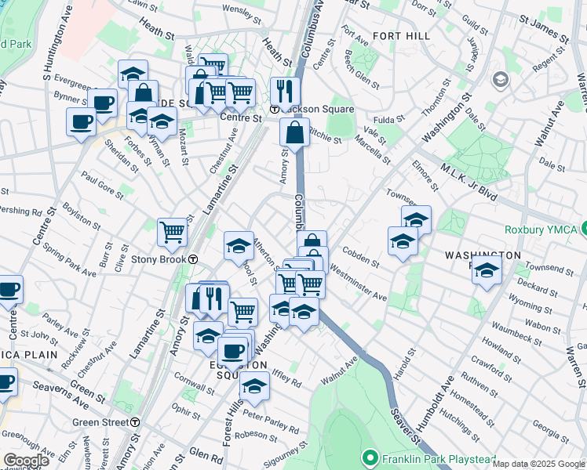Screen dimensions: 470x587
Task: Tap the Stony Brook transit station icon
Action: (192, 259)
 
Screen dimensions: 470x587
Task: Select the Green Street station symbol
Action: (136, 421)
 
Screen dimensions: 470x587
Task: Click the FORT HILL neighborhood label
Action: (401, 36)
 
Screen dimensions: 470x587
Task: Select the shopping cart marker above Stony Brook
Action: (172, 231)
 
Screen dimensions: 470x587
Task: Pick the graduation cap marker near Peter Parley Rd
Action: (254, 385)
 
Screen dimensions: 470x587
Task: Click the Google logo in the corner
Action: (25, 460)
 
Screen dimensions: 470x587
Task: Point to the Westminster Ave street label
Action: (359, 284)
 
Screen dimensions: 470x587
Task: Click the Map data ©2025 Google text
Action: (538, 464)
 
